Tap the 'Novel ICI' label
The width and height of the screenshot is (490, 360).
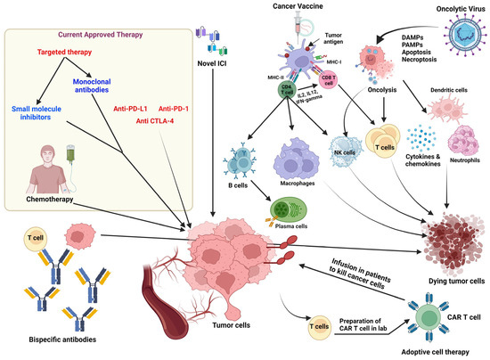coord(209,61)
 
